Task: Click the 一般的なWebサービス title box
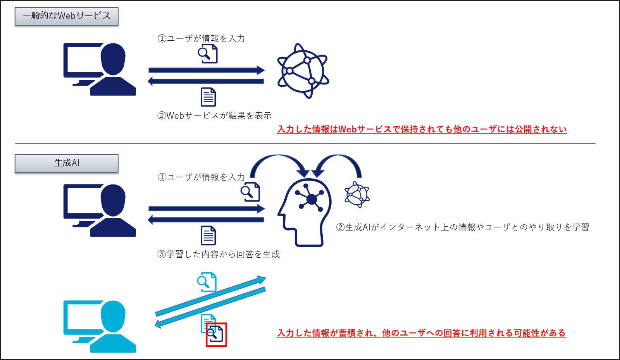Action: pos(66,16)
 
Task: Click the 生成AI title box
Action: pos(66,164)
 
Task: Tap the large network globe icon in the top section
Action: pos(303,71)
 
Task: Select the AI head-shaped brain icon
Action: pos(305,211)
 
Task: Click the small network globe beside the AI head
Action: pos(357,194)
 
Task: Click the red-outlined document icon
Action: pos(216,334)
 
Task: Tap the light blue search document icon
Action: pos(207,282)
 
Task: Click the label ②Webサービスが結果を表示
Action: pos(214,115)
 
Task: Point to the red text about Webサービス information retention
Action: pos(422,129)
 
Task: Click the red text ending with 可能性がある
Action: pos(421,333)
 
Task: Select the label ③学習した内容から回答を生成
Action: pos(219,254)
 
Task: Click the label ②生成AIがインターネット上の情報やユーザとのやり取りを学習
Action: pos(462,227)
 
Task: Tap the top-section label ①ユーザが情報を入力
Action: pos(201,38)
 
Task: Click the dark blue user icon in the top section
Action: pos(100,69)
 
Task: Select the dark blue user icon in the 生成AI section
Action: pos(100,210)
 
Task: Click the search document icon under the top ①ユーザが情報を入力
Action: pos(208,53)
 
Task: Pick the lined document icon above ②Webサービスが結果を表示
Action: pos(208,97)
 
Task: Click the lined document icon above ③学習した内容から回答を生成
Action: pos(208,236)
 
